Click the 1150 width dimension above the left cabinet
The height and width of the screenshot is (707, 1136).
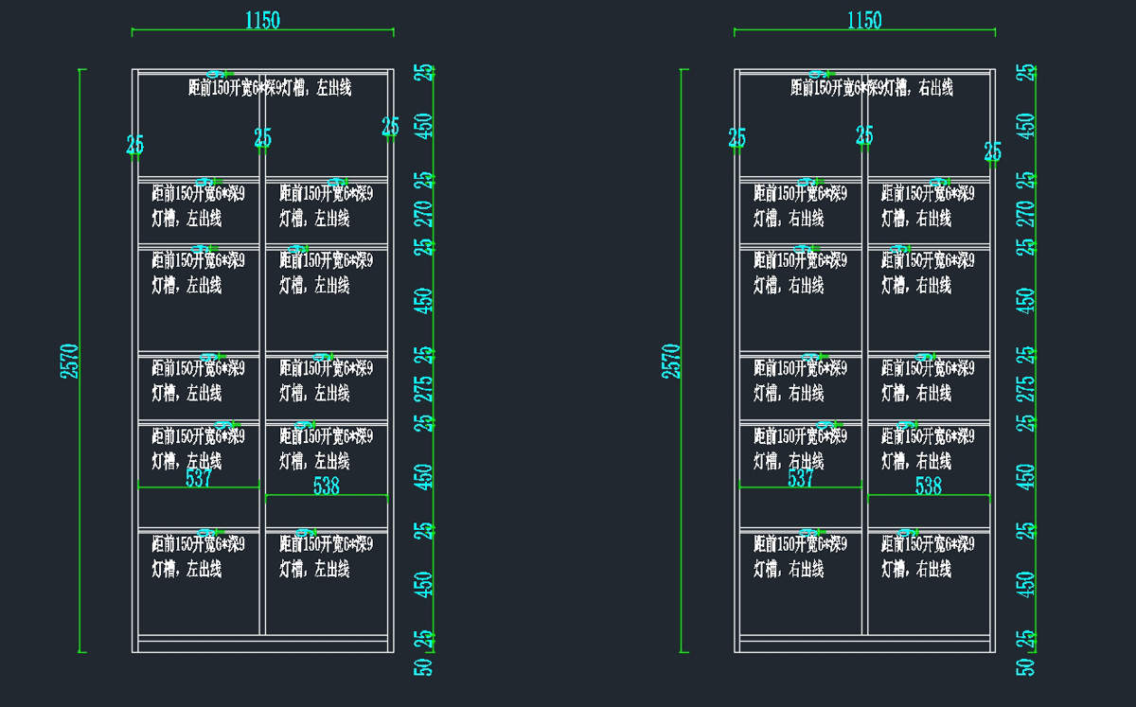point(262,21)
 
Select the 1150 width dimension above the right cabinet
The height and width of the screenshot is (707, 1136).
point(864,21)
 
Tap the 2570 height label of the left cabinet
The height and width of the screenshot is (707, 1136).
point(69,361)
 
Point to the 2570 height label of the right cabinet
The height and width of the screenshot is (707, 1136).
point(670,361)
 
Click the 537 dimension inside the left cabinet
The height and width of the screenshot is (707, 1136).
point(199,479)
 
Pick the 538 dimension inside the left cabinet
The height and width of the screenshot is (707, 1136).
point(327,486)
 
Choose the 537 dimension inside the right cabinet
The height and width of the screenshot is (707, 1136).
point(801,479)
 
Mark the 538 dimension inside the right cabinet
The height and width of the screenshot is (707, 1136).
point(929,486)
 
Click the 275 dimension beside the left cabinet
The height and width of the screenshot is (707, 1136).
point(425,389)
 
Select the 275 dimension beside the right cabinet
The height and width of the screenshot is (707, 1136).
point(1026,389)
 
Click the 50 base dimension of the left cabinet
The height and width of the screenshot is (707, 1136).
point(425,667)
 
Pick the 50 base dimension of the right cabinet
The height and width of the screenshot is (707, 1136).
point(1026,667)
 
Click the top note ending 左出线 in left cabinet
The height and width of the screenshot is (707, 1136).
point(271,88)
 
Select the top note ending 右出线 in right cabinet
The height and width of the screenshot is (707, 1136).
point(872,88)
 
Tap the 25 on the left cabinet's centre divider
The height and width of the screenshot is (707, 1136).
point(262,139)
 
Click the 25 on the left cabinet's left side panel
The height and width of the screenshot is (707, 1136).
point(135,145)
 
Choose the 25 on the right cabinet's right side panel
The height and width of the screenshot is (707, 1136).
point(992,151)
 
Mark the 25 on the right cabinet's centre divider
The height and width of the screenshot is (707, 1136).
point(864,136)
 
